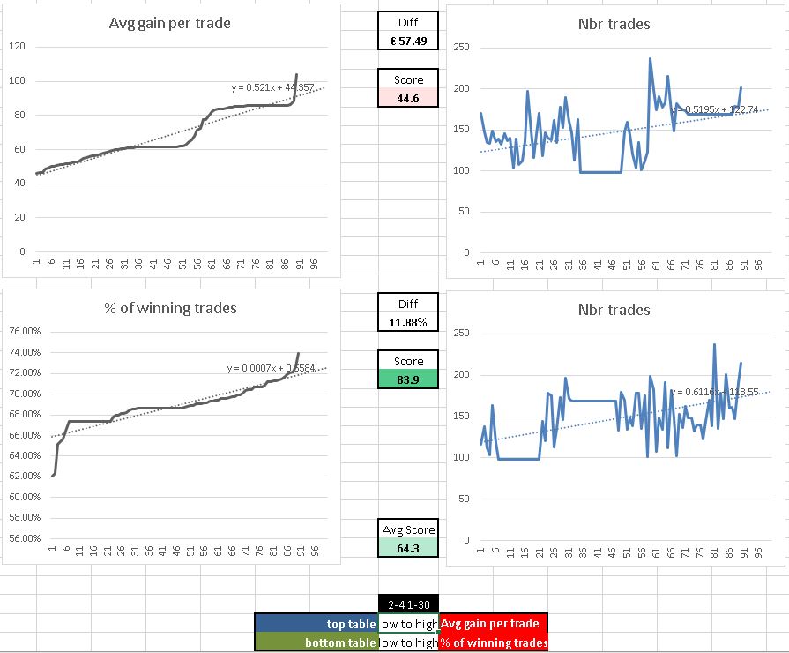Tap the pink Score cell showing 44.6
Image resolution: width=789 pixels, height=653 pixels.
click(407, 97)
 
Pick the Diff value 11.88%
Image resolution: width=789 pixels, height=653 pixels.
click(407, 322)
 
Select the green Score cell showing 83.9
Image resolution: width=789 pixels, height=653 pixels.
click(407, 379)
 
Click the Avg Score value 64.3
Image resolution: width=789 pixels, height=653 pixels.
click(407, 548)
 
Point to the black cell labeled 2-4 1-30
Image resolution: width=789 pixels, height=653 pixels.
click(407, 604)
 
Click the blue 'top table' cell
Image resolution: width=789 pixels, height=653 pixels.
click(316, 623)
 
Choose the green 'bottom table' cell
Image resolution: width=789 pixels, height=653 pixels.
click(316, 642)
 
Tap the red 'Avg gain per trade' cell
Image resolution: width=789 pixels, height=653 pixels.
click(494, 623)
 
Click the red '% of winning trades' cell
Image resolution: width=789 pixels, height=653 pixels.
click(494, 642)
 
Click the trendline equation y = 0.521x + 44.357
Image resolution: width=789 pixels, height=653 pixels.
click(272, 87)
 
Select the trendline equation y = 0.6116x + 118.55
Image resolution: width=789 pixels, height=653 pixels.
click(712, 391)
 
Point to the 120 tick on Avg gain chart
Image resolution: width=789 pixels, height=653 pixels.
click(17, 46)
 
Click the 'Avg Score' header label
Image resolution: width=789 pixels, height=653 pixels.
click(407, 530)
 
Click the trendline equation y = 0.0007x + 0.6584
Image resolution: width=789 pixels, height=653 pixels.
click(271, 367)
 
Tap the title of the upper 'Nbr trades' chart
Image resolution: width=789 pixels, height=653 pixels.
click(614, 24)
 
